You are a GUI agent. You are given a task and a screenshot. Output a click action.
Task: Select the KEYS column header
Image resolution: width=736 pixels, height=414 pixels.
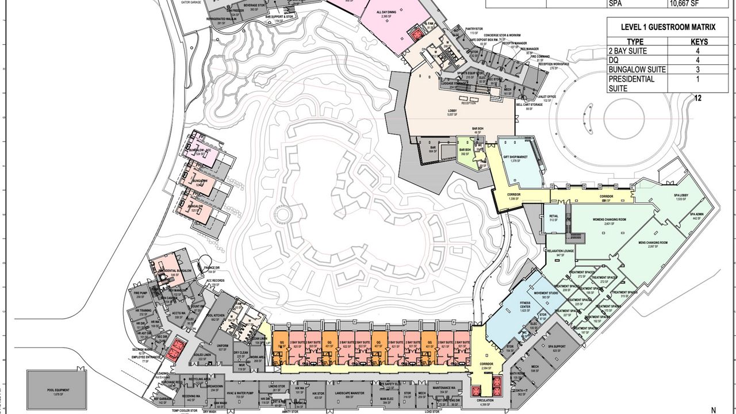point(699,41)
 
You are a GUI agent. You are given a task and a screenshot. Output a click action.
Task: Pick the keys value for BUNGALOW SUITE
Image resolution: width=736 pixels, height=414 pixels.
point(699,70)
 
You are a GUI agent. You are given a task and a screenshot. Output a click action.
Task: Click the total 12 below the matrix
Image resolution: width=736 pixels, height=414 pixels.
point(698,98)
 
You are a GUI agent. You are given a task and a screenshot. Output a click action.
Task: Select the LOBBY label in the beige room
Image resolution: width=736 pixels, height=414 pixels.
point(453,112)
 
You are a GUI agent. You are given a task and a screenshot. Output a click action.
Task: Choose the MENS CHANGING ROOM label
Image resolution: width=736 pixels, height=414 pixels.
point(653,243)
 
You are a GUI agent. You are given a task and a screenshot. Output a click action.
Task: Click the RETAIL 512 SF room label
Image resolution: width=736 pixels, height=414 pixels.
point(554,217)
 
